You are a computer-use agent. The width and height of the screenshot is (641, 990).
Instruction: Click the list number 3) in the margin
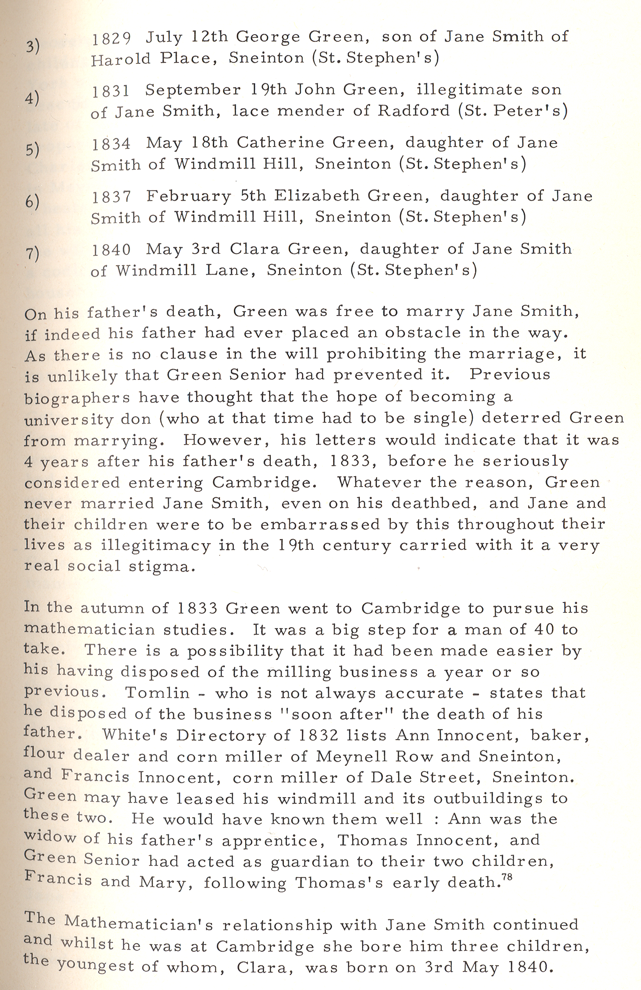(x=32, y=46)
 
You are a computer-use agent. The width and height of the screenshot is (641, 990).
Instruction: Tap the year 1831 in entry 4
(x=111, y=91)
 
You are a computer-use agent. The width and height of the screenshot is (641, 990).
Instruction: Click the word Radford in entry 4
(x=413, y=111)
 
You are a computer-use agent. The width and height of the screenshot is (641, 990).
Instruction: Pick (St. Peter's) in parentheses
(x=512, y=111)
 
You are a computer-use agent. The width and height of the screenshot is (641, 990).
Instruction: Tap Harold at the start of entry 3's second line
(x=121, y=59)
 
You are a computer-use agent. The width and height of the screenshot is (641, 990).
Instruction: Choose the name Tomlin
(x=157, y=693)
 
